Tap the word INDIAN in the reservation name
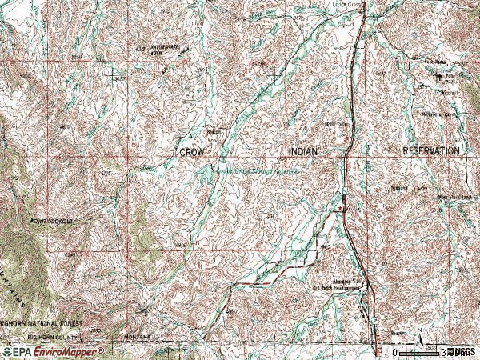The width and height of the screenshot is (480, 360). (x=306, y=150)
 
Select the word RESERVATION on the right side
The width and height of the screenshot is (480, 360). (x=431, y=150)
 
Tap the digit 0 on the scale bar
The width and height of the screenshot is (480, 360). (x=394, y=352)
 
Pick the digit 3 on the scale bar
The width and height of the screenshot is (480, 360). (x=445, y=352)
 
